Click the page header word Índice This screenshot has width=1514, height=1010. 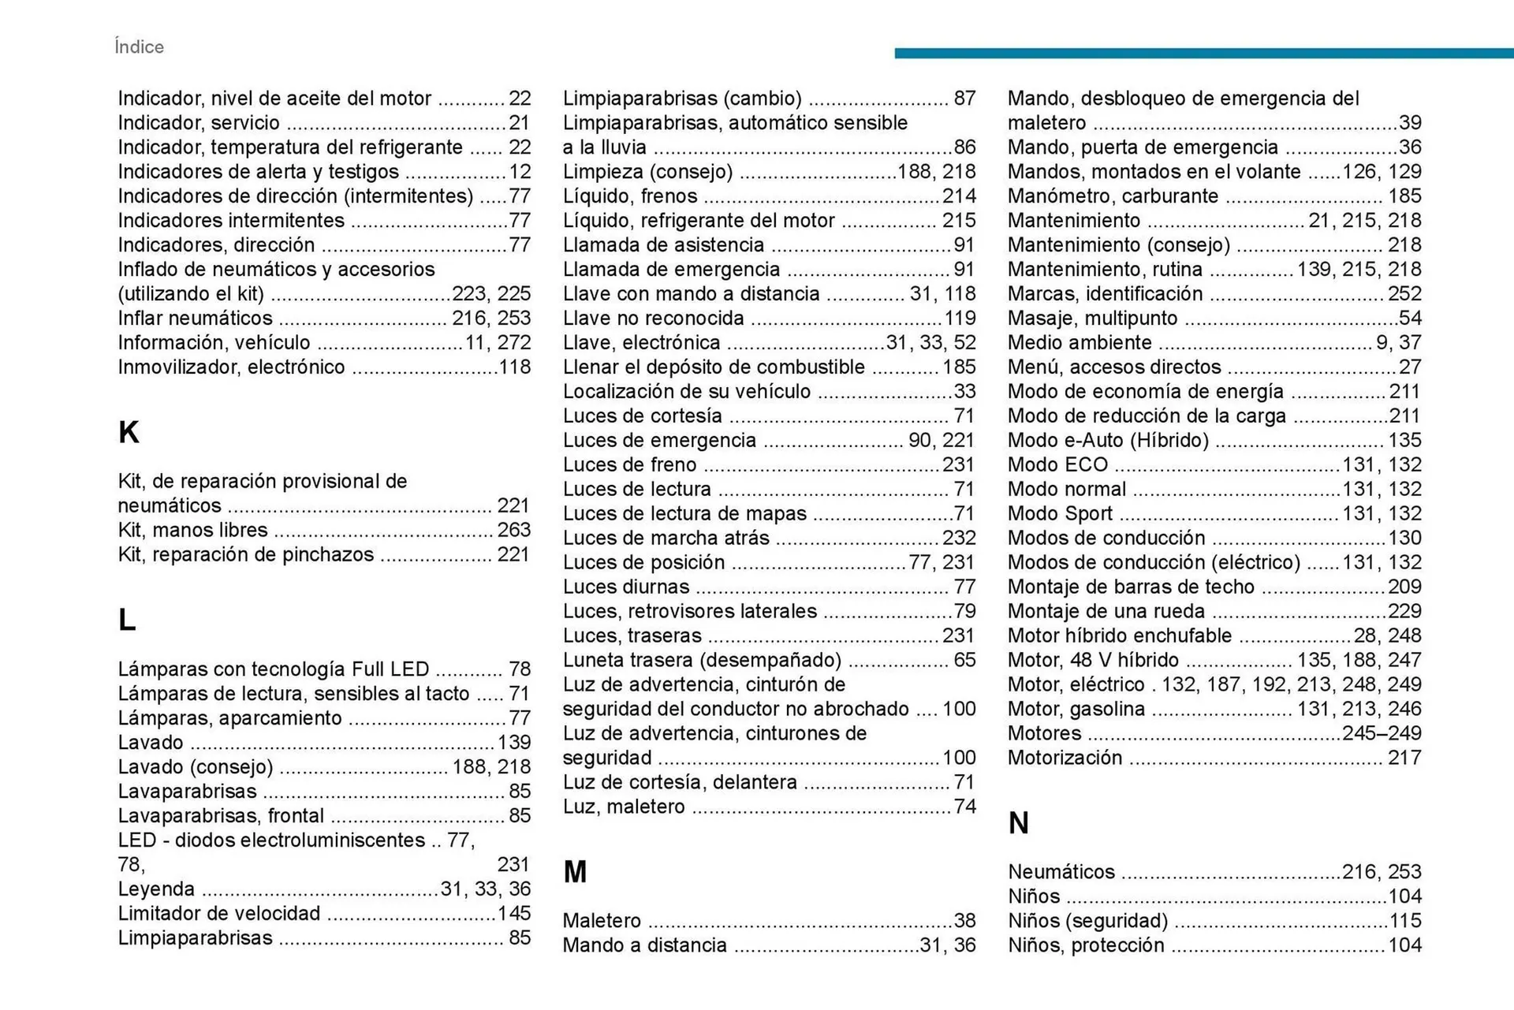139,47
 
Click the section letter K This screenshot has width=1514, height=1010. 129,432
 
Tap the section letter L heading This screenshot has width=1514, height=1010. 126,620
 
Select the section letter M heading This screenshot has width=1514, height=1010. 575,872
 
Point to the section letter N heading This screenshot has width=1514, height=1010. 1018,823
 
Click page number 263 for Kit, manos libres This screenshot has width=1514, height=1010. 513,530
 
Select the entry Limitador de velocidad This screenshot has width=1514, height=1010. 219,914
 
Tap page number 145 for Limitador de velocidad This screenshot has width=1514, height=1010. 513,914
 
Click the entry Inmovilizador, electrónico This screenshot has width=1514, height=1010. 231,367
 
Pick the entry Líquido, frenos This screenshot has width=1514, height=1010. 630,196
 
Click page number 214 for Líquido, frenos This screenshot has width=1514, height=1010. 959,196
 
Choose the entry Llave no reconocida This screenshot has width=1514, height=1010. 653,319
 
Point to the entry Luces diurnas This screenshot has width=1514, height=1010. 626,587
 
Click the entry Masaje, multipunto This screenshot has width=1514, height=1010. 1092,319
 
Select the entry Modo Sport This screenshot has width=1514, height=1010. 1060,514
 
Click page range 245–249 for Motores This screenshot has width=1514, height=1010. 1382,733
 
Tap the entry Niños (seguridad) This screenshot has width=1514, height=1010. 1087,921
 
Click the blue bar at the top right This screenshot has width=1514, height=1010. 1203,53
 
